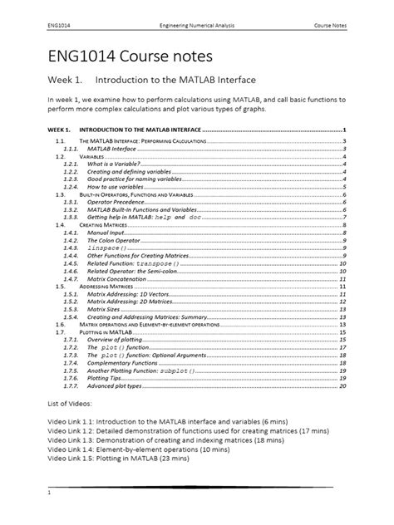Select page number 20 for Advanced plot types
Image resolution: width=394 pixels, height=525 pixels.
pyautogui.click(x=342, y=385)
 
